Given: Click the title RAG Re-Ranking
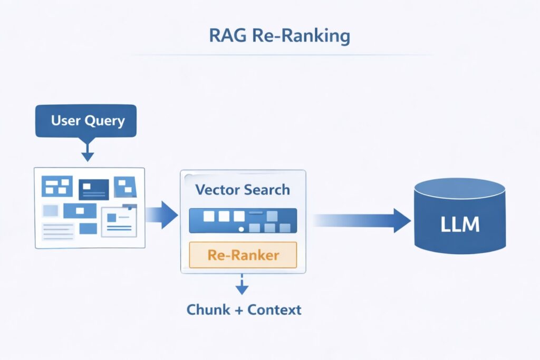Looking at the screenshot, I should click(x=279, y=36).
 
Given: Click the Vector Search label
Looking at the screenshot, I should click(x=243, y=190).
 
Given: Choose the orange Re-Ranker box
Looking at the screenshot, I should click(x=243, y=255).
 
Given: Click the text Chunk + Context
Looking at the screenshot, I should click(x=244, y=309).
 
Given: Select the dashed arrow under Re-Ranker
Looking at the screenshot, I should click(x=242, y=284).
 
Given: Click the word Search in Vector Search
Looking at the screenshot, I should click(x=266, y=190).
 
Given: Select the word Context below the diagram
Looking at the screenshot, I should click(x=274, y=309).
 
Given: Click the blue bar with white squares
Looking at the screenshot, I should click(x=243, y=221).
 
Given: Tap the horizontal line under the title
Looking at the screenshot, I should click(x=279, y=54).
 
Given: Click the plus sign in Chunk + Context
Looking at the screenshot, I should click(x=238, y=310).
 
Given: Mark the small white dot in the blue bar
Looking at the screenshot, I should click(x=241, y=229).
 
